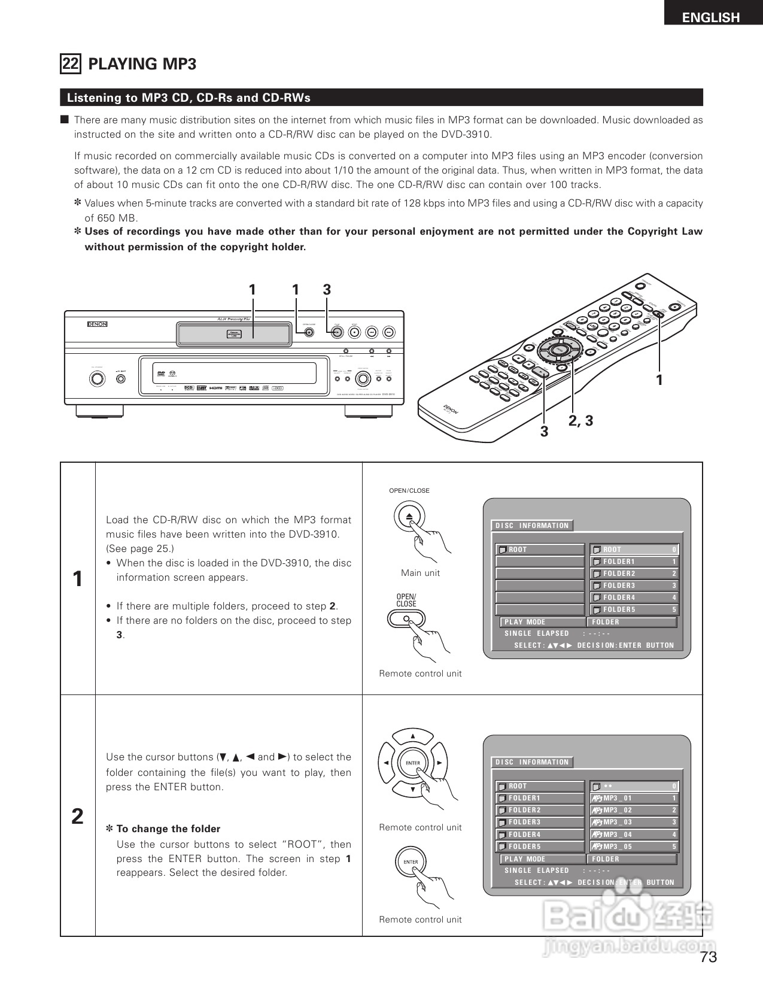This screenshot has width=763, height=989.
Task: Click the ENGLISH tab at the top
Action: (x=711, y=17)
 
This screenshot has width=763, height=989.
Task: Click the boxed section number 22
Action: (x=71, y=63)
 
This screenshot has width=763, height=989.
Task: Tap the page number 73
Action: (x=708, y=957)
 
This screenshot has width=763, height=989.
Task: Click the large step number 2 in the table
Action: (x=78, y=816)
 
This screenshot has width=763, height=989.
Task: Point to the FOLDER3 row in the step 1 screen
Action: (x=634, y=585)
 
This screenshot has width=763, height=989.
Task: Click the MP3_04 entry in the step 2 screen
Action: (x=634, y=835)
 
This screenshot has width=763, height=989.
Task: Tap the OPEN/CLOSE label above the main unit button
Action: (x=409, y=491)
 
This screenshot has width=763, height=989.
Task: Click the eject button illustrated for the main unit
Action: (x=409, y=517)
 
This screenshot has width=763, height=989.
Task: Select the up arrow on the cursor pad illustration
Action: (x=412, y=736)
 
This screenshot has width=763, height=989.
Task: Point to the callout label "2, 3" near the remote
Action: (x=580, y=421)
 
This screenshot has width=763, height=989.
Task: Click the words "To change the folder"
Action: (x=168, y=829)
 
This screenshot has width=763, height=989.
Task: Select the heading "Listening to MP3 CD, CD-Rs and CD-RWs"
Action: (x=189, y=98)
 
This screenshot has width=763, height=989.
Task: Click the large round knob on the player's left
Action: (x=95, y=379)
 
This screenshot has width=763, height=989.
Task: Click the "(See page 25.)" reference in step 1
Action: (x=140, y=549)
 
